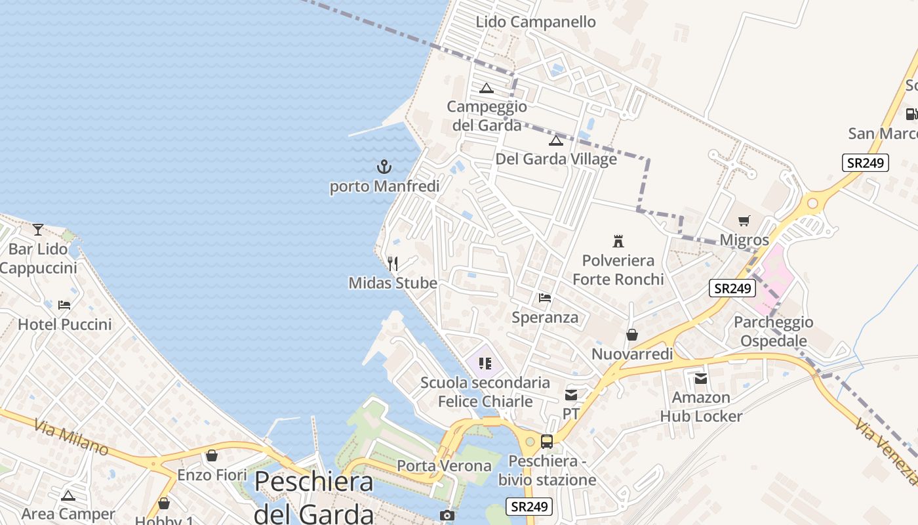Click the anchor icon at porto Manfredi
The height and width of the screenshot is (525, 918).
click(x=384, y=167)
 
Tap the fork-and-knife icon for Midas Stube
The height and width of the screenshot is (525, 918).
click(x=393, y=264)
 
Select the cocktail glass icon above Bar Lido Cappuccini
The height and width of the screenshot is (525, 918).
click(x=38, y=229)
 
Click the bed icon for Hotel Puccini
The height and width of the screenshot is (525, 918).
click(x=64, y=305)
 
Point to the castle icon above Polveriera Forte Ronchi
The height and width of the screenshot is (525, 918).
click(x=618, y=241)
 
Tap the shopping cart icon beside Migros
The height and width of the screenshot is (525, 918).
click(x=744, y=221)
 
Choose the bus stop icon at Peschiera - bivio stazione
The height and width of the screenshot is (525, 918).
click(x=547, y=442)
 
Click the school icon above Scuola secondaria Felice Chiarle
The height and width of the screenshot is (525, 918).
click(x=485, y=363)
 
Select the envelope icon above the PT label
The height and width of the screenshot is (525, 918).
click(x=571, y=395)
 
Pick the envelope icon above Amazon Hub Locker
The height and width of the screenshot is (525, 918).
click(x=701, y=379)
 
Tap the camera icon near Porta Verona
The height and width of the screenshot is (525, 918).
click(x=447, y=516)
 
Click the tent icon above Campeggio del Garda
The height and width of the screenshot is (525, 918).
click(x=487, y=88)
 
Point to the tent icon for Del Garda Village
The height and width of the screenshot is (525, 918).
click(x=556, y=140)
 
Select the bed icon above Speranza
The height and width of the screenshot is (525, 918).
click(x=545, y=298)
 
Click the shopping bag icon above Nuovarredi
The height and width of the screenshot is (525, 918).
click(x=632, y=335)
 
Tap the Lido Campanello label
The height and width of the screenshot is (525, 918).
click(x=536, y=22)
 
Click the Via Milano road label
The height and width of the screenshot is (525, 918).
click(x=71, y=438)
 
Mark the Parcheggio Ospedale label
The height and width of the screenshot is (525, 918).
click(x=773, y=331)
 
